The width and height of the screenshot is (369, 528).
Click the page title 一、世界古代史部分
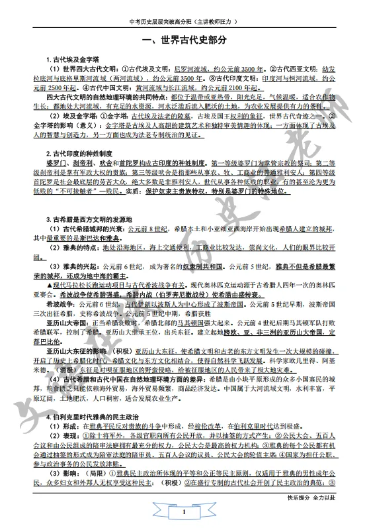click(x=184, y=40)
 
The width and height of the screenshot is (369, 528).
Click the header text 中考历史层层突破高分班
click(x=161, y=22)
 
